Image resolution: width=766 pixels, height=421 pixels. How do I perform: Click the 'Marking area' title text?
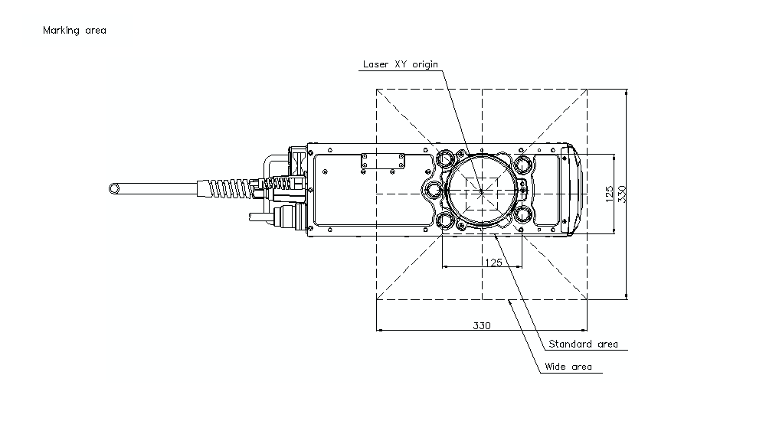[x=74, y=31]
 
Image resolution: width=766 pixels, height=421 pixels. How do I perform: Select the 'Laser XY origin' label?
[x=400, y=64]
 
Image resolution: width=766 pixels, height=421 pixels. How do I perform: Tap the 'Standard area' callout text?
[x=583, y=344]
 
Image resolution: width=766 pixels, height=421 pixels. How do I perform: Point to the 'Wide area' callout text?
[x=568, y=367]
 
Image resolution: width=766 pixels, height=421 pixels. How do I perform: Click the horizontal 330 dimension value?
[x=482, y=325]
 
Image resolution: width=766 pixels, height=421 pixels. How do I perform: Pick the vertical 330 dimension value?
[x=622, y=194]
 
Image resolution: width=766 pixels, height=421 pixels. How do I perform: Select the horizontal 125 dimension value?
[x=493, y=263]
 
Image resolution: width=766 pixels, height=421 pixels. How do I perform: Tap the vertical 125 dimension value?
[x=609, y=194]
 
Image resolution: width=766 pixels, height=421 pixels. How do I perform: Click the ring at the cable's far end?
[x=114, y=188]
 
